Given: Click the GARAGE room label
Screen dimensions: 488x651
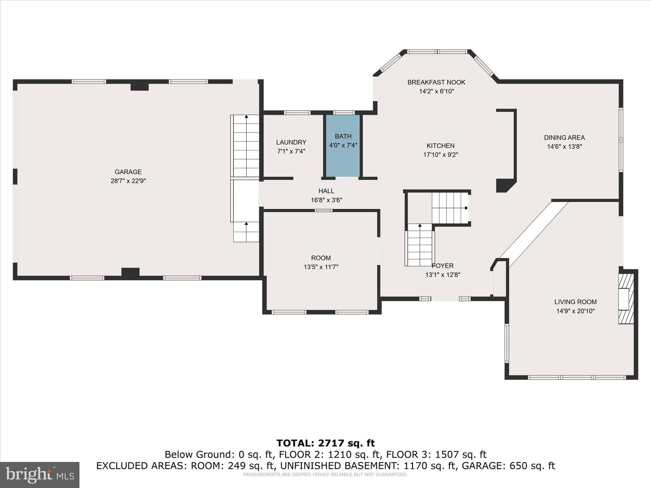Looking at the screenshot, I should pyautogui.click(x=128, y=172).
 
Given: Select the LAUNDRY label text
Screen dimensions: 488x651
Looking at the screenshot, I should pyautogui.click(x=291, y=142).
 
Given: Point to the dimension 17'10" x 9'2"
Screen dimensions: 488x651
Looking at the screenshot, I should pyautogui.click(x=440, y=155).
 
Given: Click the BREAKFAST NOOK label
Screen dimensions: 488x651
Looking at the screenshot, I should pyautogui.click(x=436, y=82).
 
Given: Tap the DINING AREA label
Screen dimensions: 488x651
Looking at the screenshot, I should pyautogui.click(x=564, y=138).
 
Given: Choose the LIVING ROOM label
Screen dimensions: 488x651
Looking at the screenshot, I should pyautogui.click(x=575, y=302).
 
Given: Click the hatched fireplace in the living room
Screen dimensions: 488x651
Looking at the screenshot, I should pyautogui.click(x=626, y=299).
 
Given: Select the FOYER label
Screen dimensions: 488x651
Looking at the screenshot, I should pyautogui.click(x=442, y=266).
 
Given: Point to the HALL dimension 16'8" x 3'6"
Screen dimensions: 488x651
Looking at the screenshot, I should pyautogui.click(x=326, y=200).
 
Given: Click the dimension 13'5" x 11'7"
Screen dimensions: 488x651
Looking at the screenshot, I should pyautogui.click(x=321, y=267).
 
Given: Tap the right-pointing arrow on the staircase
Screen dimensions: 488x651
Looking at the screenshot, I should pyautogui.click(x=466, y=208).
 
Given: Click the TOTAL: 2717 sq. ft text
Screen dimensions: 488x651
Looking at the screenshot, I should pyautogui.click(x=325, y=443).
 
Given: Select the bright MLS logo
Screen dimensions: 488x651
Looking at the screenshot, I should pyautogui.click(x=40, y=475).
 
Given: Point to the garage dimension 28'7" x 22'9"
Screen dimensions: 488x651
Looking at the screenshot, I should pyautogui.click(x=128, y=181).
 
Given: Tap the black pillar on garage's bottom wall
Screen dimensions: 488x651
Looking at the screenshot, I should pyautogui.click(x=130, y=272).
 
